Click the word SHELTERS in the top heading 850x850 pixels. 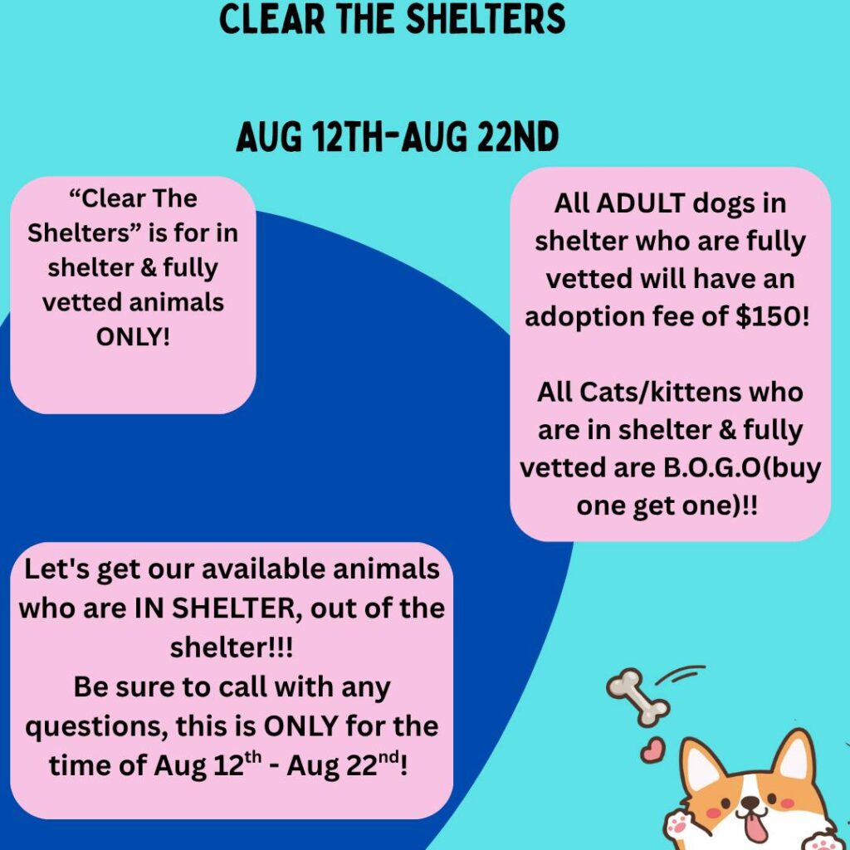486,18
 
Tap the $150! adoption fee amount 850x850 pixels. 772,316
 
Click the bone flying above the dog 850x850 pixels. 638,697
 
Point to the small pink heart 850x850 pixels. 652,750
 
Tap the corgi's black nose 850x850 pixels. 750,803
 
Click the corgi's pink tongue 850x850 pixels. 753,827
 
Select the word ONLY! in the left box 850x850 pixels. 133,337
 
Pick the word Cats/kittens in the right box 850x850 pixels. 660,392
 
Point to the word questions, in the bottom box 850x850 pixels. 96,726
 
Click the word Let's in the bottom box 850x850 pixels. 57,569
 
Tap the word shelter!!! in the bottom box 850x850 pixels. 232,647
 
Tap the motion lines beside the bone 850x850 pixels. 684,674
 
